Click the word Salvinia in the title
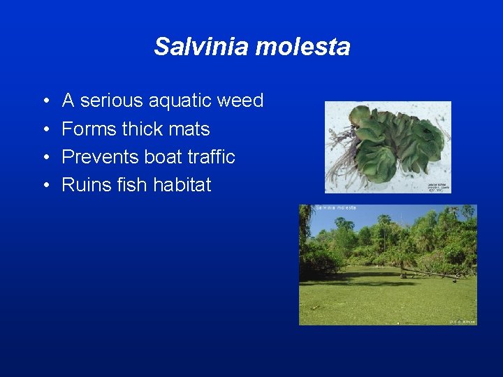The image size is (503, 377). [202, 47]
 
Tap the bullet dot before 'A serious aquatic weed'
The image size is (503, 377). [45, 102]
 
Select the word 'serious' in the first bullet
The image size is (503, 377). [111, 101]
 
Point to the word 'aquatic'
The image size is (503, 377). [180, 101]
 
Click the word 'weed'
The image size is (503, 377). [240, 101]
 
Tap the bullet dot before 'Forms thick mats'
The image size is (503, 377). [45, 130]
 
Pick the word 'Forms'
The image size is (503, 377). [89, 129]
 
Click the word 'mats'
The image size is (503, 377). [190, 130]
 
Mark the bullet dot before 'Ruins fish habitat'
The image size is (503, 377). [45, 186]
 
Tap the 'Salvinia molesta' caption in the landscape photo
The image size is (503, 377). [336, 208]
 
